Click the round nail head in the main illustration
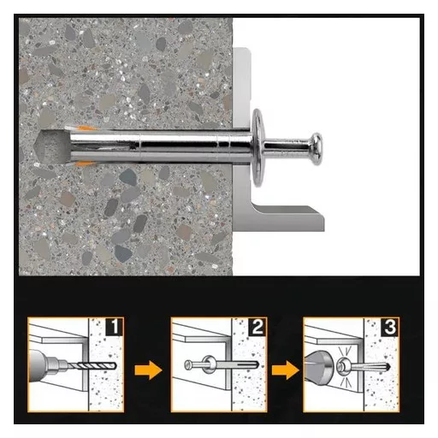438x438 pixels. point(316,149)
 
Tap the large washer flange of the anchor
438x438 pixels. point(257,147)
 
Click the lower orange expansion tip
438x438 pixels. point(86,163)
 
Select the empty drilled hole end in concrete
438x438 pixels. point(50,146)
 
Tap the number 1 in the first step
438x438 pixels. point(115,327)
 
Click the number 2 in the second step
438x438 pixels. point(257,327)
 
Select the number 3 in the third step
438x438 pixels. point(390,327)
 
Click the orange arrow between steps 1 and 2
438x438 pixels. point(148,370)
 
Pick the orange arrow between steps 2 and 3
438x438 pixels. point(286,370)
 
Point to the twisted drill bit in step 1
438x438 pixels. point(92,366)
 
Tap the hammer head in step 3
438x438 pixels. point(319,367)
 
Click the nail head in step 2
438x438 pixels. point(187,365)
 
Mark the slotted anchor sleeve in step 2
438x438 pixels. point(237,364)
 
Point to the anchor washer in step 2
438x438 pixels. point(208,364)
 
